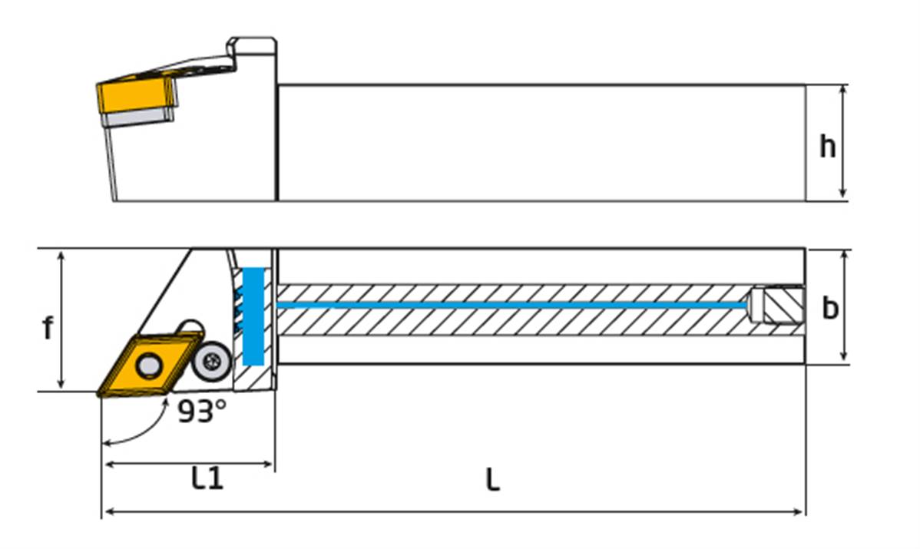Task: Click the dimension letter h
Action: point(827,146)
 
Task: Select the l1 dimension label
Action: point(207,478)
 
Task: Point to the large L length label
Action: point(493,479)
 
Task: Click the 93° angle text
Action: point(202,411)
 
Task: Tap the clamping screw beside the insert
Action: point(213,362)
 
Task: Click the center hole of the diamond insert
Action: point(148,366)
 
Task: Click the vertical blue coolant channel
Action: point(253,316)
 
